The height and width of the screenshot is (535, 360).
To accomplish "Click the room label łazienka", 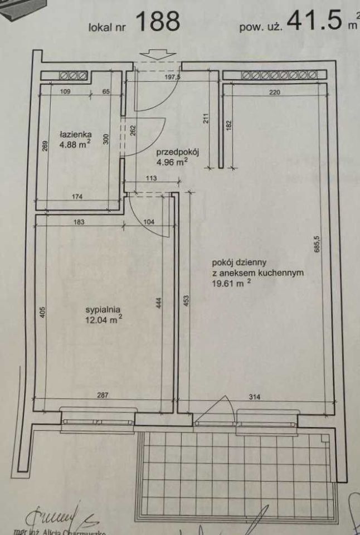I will pyautogui.click(x=76, y=134).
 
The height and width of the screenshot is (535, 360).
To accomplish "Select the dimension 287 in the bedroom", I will pyautogui.click(x=101, y=396).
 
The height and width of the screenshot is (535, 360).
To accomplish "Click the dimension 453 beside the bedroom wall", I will pyautogui.click(x=186, y=301).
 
